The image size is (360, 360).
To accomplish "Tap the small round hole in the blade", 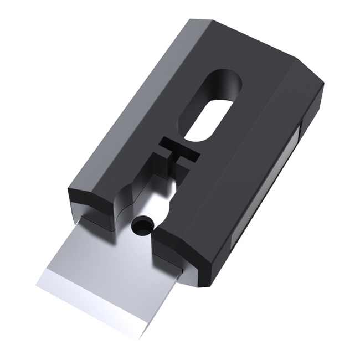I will [142, 226].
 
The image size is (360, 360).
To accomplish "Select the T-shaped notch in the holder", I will [176, 152].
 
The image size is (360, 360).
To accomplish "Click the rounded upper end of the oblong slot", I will [227, 80].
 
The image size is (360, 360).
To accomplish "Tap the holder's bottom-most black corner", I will [208, 287].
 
